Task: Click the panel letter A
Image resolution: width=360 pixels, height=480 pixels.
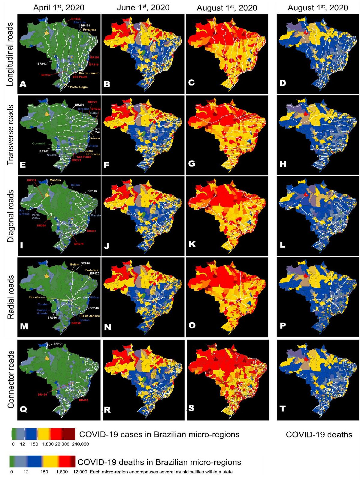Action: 23,84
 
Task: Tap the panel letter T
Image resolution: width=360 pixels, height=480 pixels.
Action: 283,408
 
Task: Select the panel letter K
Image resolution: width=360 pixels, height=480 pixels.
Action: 192,244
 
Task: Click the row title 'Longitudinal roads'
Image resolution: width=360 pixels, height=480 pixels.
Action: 10,54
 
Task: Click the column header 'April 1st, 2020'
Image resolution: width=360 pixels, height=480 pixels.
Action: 59,7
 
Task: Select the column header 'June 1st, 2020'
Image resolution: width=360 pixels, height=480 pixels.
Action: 143,7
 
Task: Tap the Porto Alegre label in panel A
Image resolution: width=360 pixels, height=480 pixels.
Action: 79,87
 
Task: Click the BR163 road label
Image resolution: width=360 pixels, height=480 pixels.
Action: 42,64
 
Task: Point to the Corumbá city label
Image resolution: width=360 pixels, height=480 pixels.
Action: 39,143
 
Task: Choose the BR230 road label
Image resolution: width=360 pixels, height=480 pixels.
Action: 79,105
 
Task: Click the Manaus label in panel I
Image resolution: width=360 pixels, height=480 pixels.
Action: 55,180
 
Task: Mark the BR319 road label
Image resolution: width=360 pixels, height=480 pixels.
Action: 32,180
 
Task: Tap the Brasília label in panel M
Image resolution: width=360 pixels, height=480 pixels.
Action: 35,297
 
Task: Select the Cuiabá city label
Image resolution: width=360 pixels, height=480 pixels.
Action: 42,304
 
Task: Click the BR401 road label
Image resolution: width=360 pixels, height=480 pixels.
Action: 58,343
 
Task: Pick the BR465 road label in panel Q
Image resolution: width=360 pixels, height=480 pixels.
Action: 83,400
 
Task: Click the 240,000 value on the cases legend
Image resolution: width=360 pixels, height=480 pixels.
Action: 80,444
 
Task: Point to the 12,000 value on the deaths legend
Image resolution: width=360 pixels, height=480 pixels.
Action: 80,472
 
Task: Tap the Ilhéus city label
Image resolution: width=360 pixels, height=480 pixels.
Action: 94,297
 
